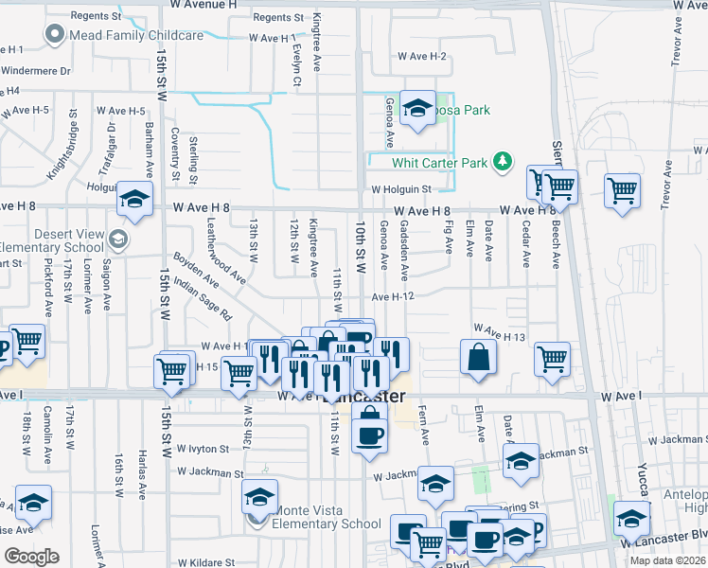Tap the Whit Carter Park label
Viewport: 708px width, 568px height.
tap(445, 163)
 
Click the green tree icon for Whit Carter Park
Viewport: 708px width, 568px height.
tap(505, 163)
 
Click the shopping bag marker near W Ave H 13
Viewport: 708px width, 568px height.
tap(479, 357)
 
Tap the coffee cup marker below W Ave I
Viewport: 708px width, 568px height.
tap(369, 434)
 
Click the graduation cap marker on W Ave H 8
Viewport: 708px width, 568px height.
tap(135, 199)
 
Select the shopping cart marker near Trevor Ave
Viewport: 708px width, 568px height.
tap(623, 190)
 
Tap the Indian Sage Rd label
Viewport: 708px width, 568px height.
tap(203, 296)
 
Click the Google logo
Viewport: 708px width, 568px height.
tap(31, 556)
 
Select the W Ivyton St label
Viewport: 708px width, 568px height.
tap(204, 448)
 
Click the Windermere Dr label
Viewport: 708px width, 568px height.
tap(36, 70)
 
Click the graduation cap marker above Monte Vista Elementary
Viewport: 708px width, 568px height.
tap(259, 495)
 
